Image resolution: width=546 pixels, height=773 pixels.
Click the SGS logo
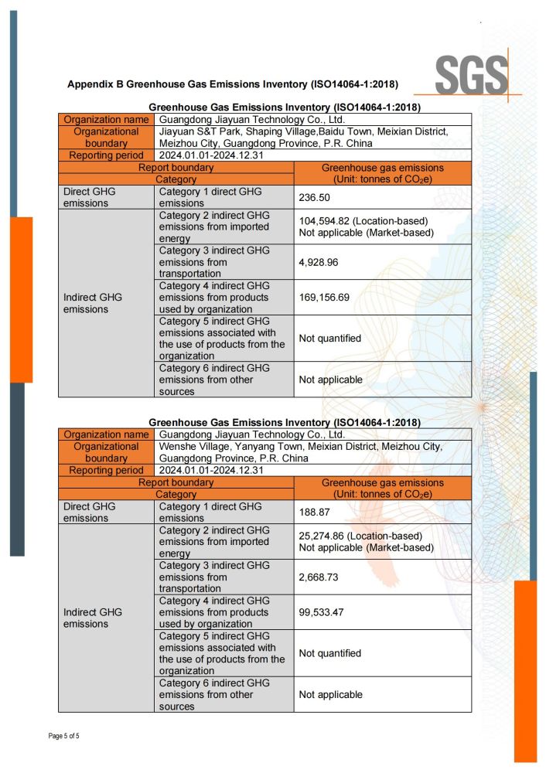(471, 75)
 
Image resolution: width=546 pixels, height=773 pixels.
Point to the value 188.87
(315, 512)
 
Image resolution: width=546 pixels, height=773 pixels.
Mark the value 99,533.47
(326, 611)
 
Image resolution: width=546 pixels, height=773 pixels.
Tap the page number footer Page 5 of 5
(64, 736)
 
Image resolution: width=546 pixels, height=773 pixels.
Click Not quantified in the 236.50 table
(329, 338)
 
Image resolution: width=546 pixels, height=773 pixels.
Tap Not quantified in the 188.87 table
(329, 652)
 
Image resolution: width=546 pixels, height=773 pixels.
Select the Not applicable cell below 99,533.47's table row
(330, 694)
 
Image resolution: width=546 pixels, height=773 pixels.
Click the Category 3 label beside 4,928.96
(214, 262)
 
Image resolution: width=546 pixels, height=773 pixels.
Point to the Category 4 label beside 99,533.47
(214, 611)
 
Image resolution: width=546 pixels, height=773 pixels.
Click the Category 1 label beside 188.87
(210, 512)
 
